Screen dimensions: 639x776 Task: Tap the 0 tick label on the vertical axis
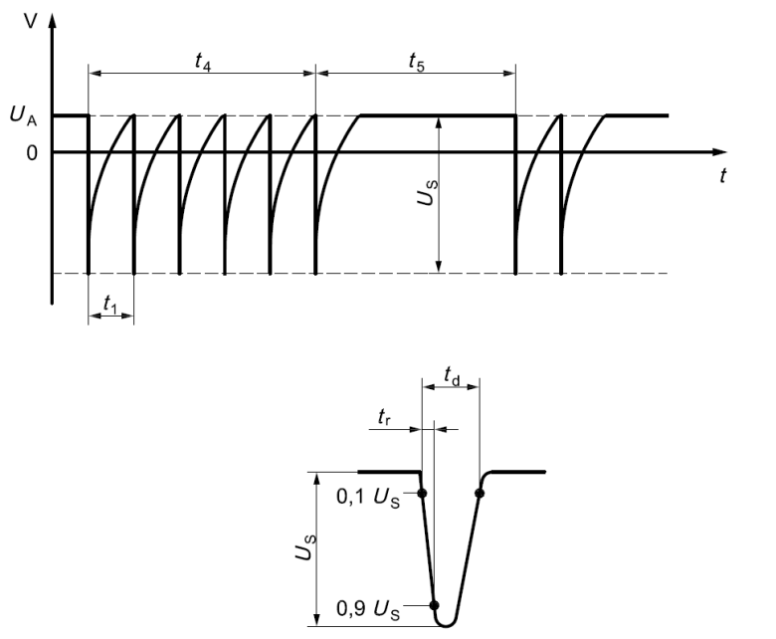pyautogui.click(x=32, y=152)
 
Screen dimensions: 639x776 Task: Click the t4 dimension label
pyautogui.click(x=202, y=60)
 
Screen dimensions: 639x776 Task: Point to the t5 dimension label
pyautogui.click(x=416, y=60)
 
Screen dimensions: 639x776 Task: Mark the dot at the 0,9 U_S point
pyautogui.click(x=434, y=604)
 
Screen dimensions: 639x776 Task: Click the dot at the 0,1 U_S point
pyautogui.click(x=423, y=492)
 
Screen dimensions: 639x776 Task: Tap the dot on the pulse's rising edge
pyautogui.click(x=480, y=492)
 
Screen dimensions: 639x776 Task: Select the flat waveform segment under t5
pyautogui.click(x=438, y=116)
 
